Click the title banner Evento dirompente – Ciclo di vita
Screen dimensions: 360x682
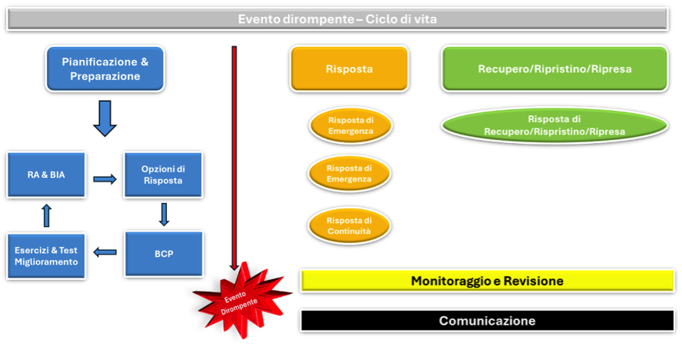click(x=337, y=19)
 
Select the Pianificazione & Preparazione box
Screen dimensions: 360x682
click(x=105, y=68)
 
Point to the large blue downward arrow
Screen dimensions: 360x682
click(x=105, y=118)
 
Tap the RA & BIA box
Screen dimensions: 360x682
click(x=46, y=175)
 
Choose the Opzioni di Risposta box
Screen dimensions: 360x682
click(x=162, y=175)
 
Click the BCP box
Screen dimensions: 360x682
click(x=163, y=254)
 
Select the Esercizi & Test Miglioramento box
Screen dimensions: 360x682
click(x=46, y=255)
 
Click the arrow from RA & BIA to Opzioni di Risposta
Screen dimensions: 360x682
click(x=105, y=179)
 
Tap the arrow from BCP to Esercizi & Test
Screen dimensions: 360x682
click(x=105, y=252)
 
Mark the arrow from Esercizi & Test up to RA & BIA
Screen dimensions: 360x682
click(x=46, y=215)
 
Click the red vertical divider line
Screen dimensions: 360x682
click(x=234, y=154)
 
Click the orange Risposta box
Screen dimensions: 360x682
click(x=349, y=68)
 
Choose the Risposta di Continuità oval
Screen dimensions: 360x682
click(x=349, y=226)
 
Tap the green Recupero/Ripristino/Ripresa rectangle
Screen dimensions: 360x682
click(x=554, y=68)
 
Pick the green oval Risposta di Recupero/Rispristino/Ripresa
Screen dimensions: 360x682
click(x=554, y=125)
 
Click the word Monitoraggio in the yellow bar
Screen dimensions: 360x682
click(x=450, y=282)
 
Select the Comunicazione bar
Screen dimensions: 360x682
click(x=487, y=320)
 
